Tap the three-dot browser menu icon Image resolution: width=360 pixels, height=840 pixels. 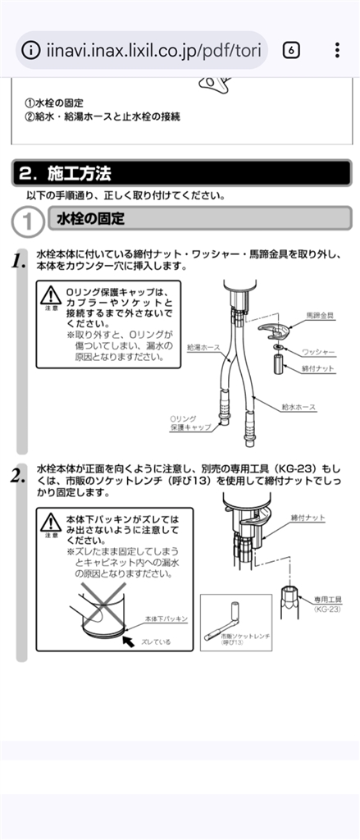[x=337, y=50]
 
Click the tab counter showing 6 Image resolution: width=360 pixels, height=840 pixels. [x=291, y=50]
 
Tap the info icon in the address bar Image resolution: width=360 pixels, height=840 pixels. [x=31, y=50]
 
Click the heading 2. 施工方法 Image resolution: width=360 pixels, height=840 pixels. [x=65, y=174]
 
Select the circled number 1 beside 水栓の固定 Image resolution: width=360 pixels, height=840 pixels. [x=27, y=221]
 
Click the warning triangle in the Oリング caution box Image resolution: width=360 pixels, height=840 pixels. [x=52, y=295]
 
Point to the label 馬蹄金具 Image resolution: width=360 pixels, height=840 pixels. [x=320, y=316]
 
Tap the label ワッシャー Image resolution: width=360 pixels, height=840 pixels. [x=318, y=352]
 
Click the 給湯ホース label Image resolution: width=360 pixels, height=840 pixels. [x=203, y=348]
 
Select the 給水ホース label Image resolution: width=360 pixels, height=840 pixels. [x=299, y=407]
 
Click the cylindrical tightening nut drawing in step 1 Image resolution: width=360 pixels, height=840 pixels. [x=279, y=363]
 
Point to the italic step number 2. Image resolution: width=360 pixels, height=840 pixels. [x=18, y=476]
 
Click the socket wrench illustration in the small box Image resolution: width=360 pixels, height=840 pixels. [x=221, y=622]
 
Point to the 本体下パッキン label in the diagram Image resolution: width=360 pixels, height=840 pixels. [x=166, y=619]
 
